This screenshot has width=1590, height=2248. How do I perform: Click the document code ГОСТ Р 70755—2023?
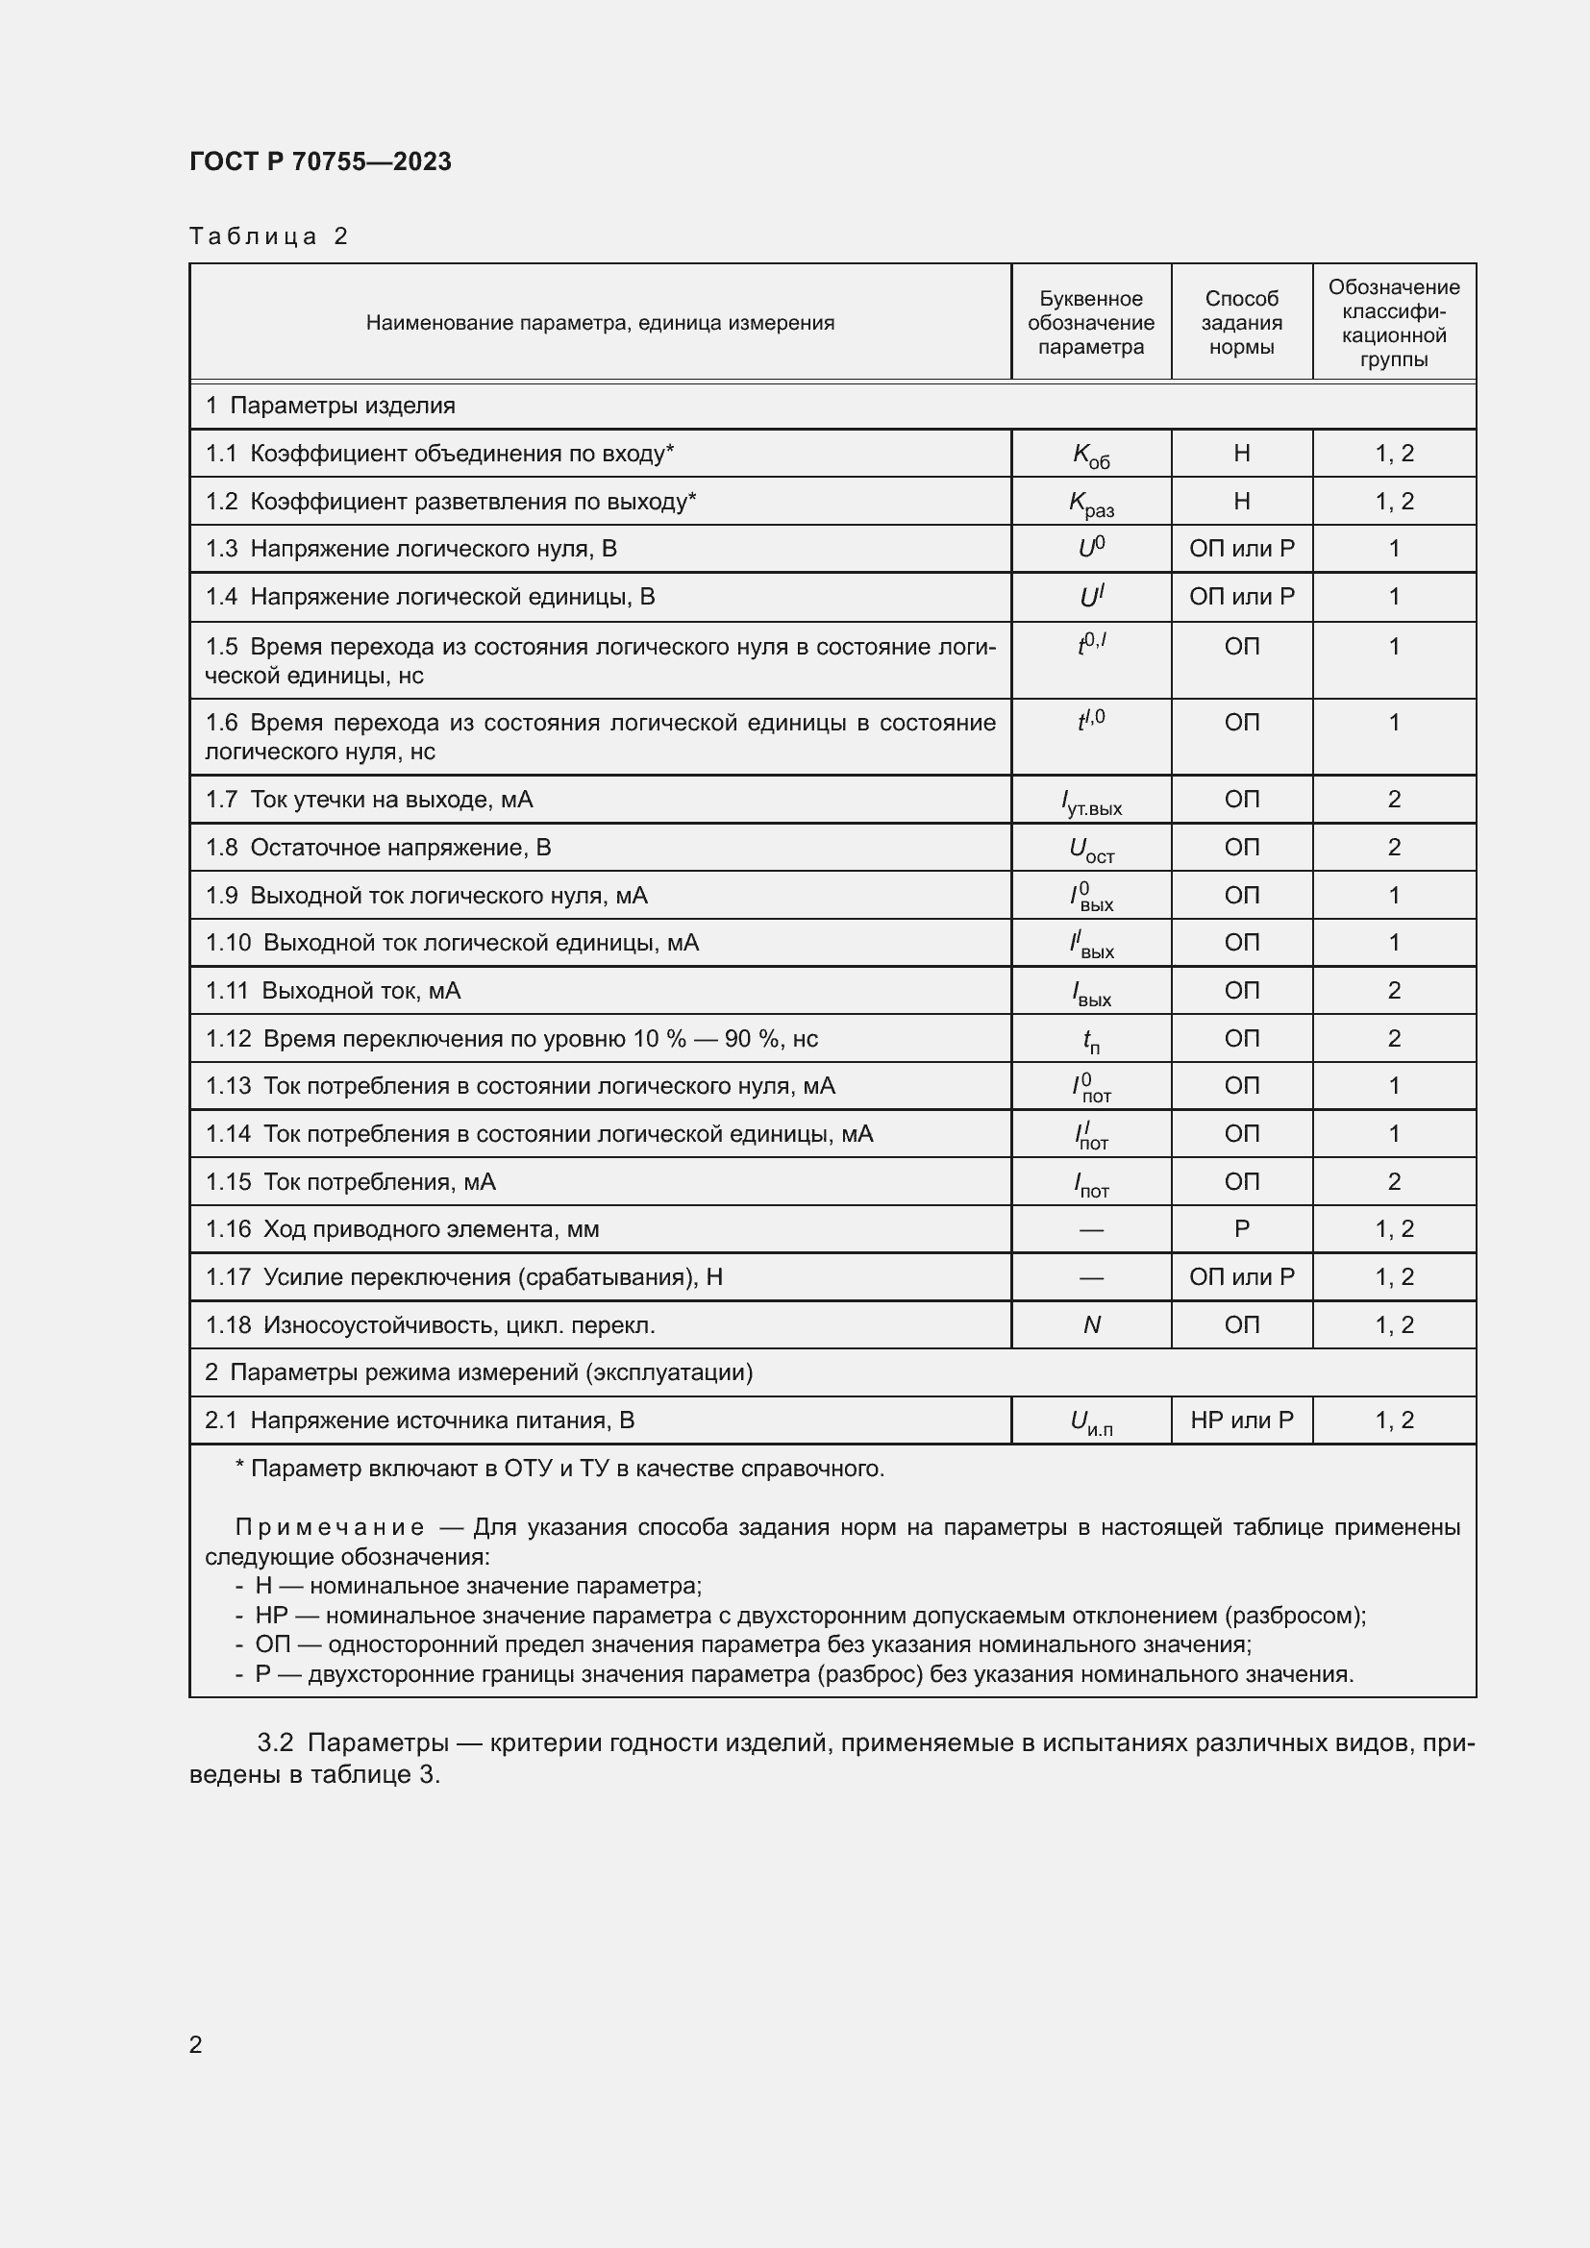point(320,161)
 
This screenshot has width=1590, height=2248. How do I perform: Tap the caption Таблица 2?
point(268,236)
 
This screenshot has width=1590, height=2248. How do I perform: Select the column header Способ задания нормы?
point(1240,322)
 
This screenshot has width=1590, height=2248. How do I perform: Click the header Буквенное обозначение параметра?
point(1090,322)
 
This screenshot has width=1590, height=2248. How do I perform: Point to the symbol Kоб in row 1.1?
point(1090,455)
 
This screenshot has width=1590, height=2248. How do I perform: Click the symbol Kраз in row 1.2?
point(1090,503)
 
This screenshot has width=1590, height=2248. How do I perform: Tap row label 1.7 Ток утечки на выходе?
point(369,799)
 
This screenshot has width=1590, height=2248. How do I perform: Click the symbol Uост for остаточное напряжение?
point(1090,849)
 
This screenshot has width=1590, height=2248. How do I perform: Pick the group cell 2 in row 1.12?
point(1393,1038)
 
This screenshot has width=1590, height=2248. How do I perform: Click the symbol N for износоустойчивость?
point(1091,1324)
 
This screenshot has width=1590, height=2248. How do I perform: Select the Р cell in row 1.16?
point(1240,1229)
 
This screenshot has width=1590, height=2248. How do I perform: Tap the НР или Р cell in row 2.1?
point(1240,1420)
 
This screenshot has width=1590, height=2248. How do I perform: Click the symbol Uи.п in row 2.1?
point(1090,1421)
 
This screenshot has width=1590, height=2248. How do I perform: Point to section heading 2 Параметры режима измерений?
point(478,1371)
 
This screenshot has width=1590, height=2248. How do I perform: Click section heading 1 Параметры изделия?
point(330,406)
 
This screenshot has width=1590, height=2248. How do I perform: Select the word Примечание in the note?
point(329,1527)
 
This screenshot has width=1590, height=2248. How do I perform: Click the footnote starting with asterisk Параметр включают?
point(559,1468)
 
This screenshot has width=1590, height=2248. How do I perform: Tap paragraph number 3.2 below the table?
point(275,1742)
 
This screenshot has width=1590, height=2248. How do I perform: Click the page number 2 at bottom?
point(196,2044)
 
